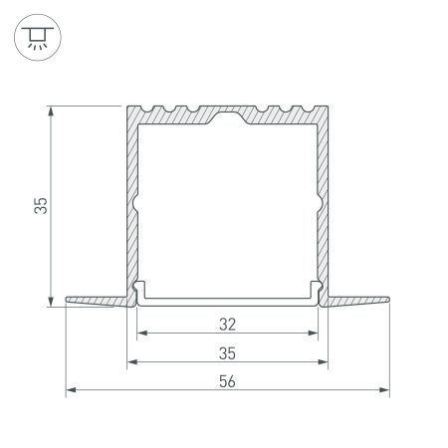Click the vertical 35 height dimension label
coord(40,205)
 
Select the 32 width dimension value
coord(227,323)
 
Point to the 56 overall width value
coord(227,381)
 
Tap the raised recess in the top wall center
coord(227,118)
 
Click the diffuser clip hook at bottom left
coord(137,291)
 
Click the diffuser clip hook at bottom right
coord(318,291)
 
